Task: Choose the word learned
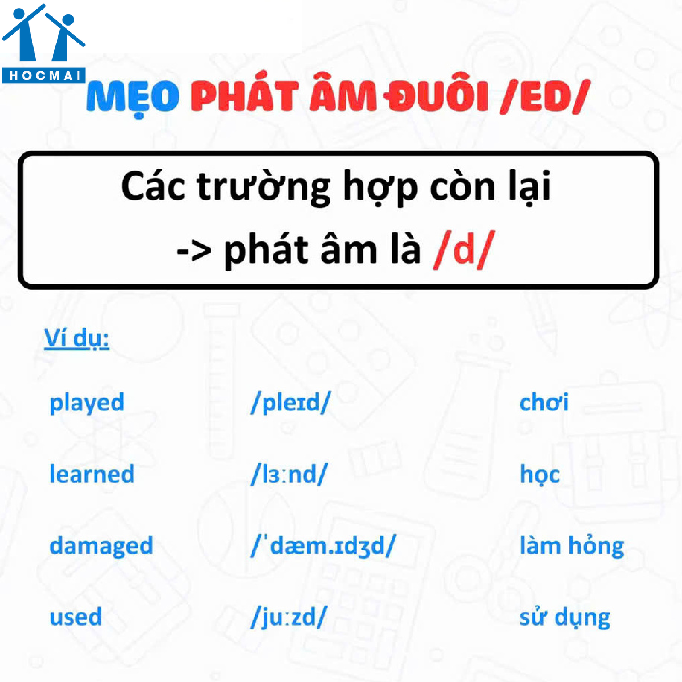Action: (92, 473)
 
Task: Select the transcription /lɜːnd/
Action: (289, 474)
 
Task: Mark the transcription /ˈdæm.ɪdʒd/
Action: (323, 546)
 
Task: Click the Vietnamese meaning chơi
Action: (544, 402)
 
